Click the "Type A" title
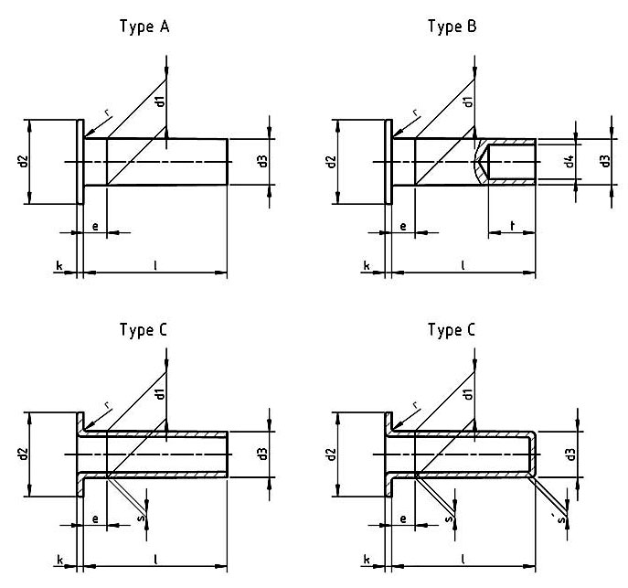point(144,27)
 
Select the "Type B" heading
point(452,27)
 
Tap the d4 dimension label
point(569,162)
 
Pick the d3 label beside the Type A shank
point(262,162)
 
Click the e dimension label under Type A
point(95,225)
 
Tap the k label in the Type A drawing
point(59,266)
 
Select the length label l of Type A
point(155,265)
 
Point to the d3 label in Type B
point(604,162)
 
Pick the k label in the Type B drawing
point(367,266)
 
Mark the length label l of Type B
point(463,265)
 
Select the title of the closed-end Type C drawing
point(452,330)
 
